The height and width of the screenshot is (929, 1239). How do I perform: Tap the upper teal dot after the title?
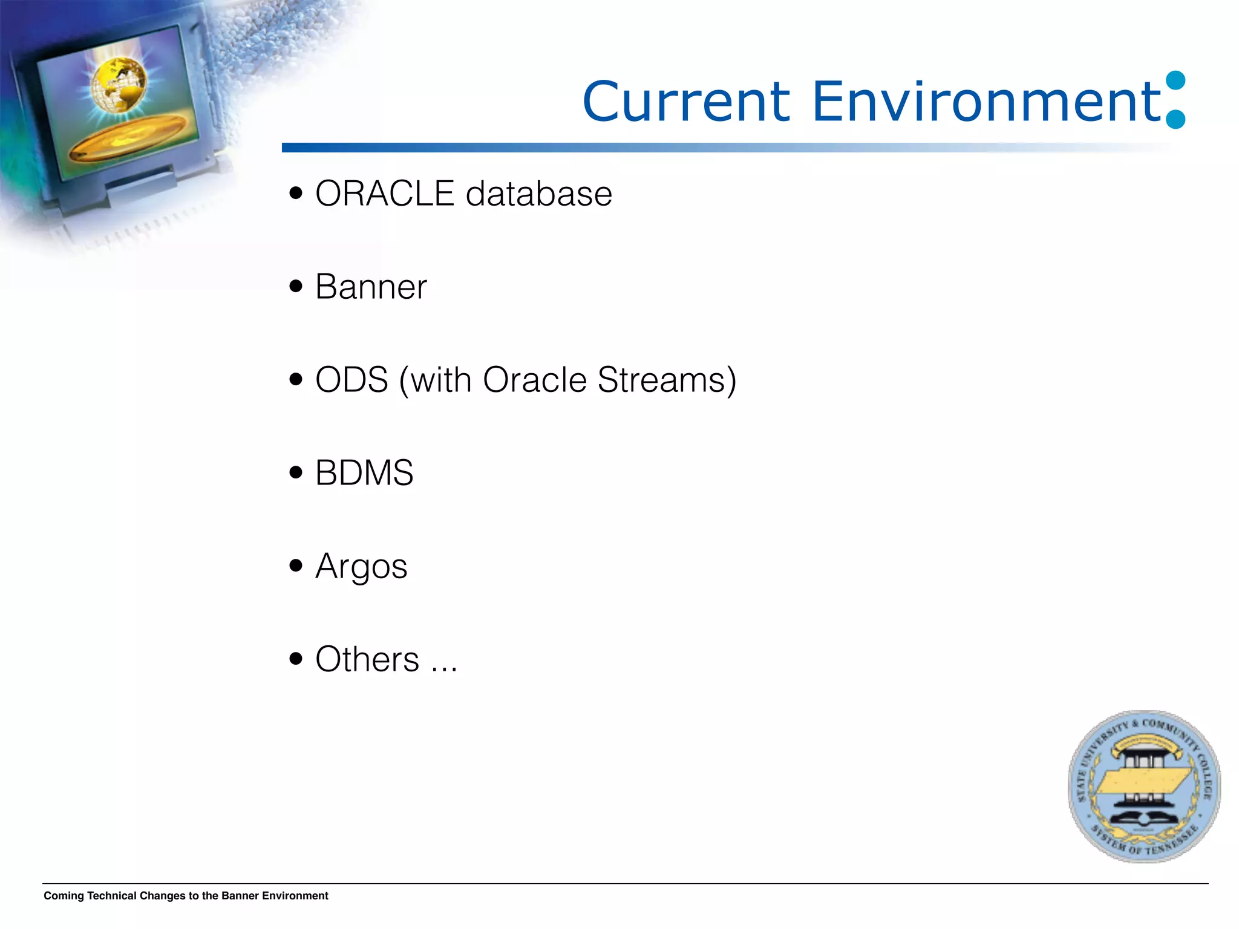[x=1175, y=81]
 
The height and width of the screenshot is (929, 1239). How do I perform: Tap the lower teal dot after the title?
[x=1175, y=119]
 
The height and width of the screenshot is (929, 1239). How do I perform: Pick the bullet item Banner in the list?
[x=371, y=287]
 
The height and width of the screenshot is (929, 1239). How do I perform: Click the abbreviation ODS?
[x=351, y=380]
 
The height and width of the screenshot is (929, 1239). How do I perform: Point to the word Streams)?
[x=667, y=380]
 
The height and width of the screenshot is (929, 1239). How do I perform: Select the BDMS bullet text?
[x=364, y=473]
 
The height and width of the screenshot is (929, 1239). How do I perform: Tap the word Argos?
[x=361, y=567]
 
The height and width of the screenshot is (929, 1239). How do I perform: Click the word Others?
[x=367, y=659]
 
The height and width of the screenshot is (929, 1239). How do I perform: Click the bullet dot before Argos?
[x=295, y=566]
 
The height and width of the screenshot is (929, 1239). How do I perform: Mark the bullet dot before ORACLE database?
[x=295, y=194]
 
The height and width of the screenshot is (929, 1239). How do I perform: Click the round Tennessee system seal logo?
[x=1143, y=786]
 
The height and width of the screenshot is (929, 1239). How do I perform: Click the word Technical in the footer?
[x=111, y=896]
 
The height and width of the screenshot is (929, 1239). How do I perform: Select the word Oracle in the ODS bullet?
[x=535, y=380]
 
